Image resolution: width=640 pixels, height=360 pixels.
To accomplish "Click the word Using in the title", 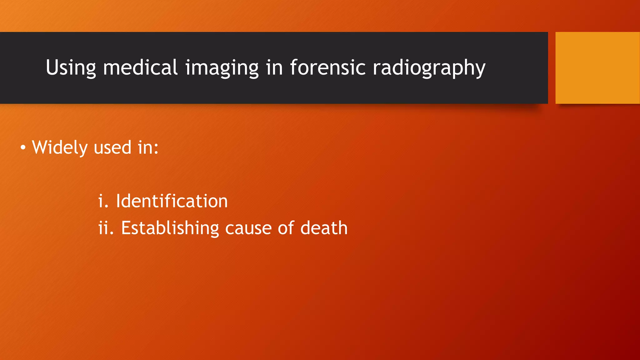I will click(x=71, y=68).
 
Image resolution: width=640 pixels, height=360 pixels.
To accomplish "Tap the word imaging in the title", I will click(x=222, y=68).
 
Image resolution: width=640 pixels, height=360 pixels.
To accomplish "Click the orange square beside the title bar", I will click(x=597, y=68).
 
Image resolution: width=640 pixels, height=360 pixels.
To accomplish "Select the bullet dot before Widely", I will click(x=23, y=147).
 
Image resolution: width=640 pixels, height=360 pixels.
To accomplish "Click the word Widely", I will click(x=59, y=147).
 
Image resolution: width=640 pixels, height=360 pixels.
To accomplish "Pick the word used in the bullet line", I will click(x=112, y=147).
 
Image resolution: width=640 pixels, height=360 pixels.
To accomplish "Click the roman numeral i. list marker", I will click(x=103, y=201).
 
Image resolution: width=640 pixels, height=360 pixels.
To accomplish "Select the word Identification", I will click(x=172, y=201).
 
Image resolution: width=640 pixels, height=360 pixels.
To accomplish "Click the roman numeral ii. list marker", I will click(x=106, y=228).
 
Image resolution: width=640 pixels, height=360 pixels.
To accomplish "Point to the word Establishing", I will click(x=170, y=228).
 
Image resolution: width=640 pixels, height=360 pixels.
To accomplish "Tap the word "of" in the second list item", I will click(x=286, y=228).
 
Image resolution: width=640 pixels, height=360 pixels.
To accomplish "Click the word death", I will click(x=324, y=228).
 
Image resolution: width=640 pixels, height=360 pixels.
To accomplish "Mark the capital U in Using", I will click(x=52, y=67).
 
